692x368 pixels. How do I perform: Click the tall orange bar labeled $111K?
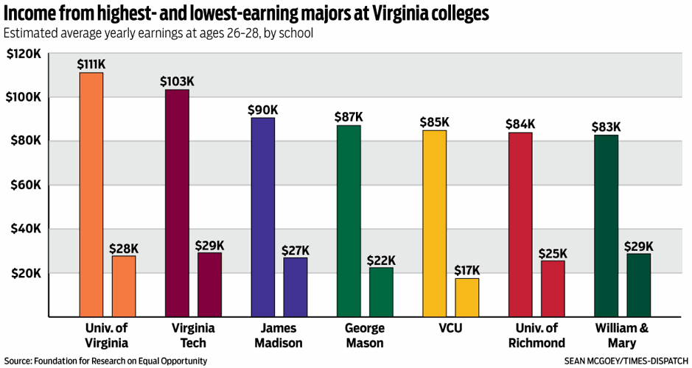(x=91, y=194)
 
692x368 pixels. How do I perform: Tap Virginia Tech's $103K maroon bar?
(x=177, y=203)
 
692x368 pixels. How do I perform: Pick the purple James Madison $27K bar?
(x=296, y=287)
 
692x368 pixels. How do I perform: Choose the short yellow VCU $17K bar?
(x=467, y=297)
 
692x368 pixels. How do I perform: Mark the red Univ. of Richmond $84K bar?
(x=520, y=224)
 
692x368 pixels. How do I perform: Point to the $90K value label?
(x=263, y=110)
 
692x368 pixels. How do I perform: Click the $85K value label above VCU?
(x=435, y=122)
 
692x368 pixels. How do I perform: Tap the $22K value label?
(x=381, y=260)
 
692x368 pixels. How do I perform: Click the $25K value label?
(x=553, y=253)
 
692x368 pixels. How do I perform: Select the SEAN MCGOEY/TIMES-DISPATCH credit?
(x=625, y=361)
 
